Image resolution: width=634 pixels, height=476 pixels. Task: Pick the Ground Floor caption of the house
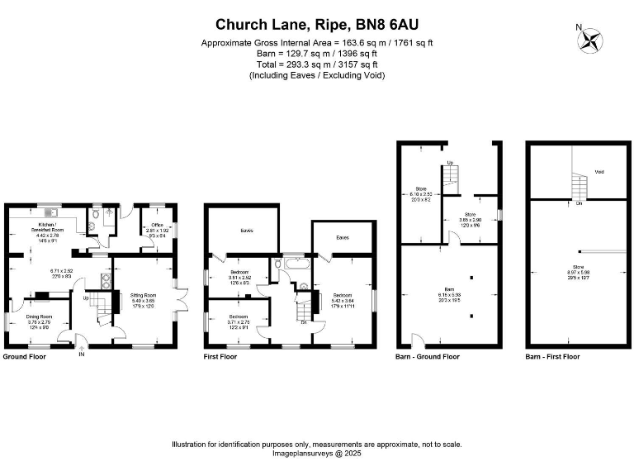pos(25,357)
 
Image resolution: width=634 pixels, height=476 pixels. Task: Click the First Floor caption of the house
pos(220,357)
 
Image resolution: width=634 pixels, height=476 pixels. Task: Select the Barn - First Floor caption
pos(552,357)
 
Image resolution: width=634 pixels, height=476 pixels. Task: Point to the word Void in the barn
pos(599,173)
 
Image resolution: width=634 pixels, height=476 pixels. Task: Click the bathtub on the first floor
pos(293,265)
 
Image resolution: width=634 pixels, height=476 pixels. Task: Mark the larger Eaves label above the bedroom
pos(246,231)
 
